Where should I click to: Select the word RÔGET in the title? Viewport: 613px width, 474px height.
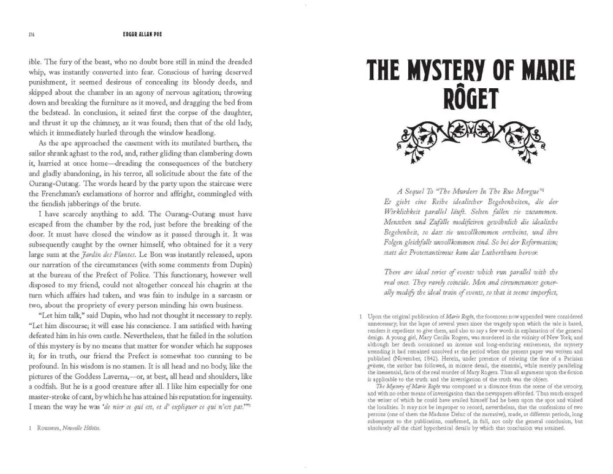[x=471, y=98]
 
